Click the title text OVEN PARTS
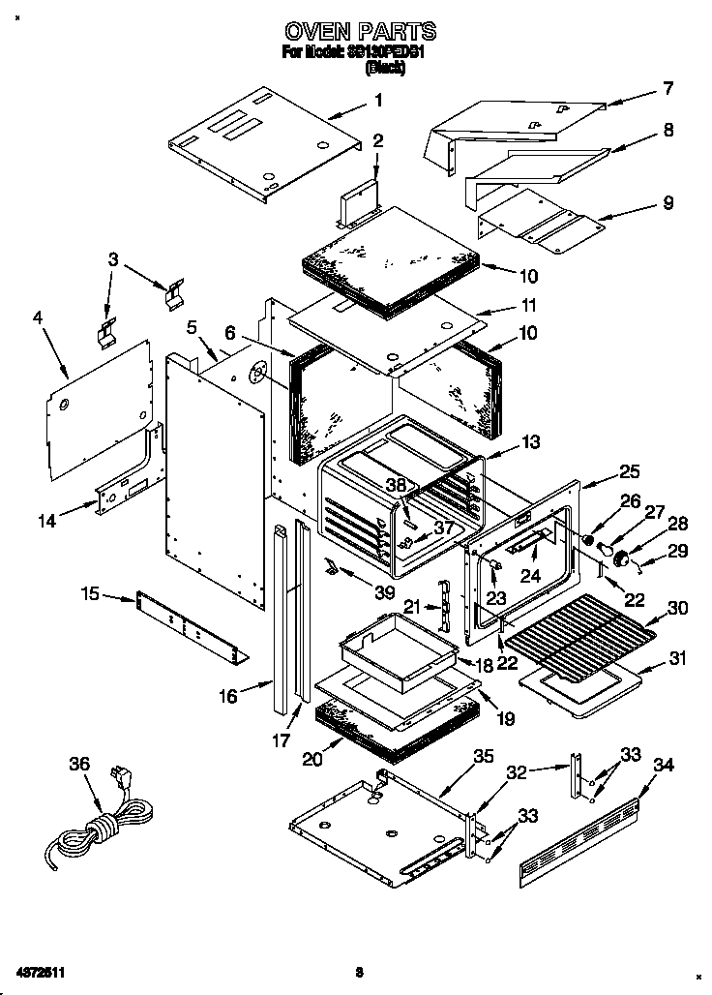[359, 32]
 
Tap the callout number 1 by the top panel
[378, 100]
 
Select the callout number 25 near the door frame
[630, 473]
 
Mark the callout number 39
[358, 590]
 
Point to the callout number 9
[667, 203]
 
